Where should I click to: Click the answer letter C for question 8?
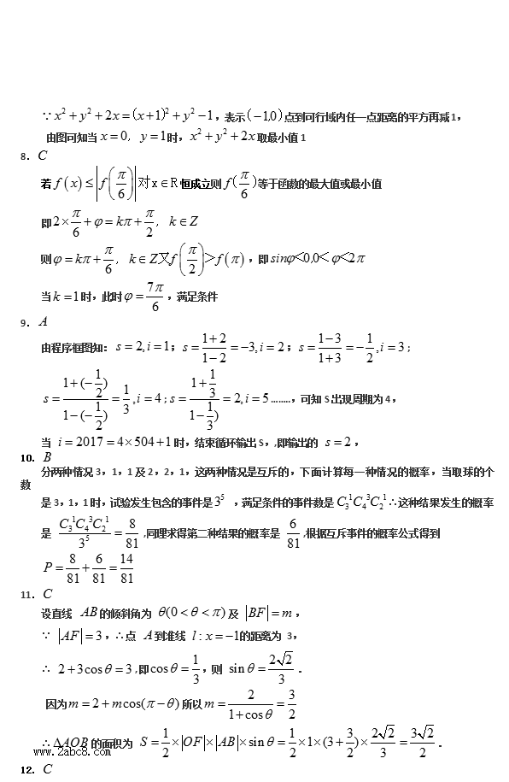click(x=43, y=156)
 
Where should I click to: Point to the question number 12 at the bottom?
click(x=26, y=769)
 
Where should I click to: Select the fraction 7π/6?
click(x=155, y=297)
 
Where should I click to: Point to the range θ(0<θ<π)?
click(x=198, y=612)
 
